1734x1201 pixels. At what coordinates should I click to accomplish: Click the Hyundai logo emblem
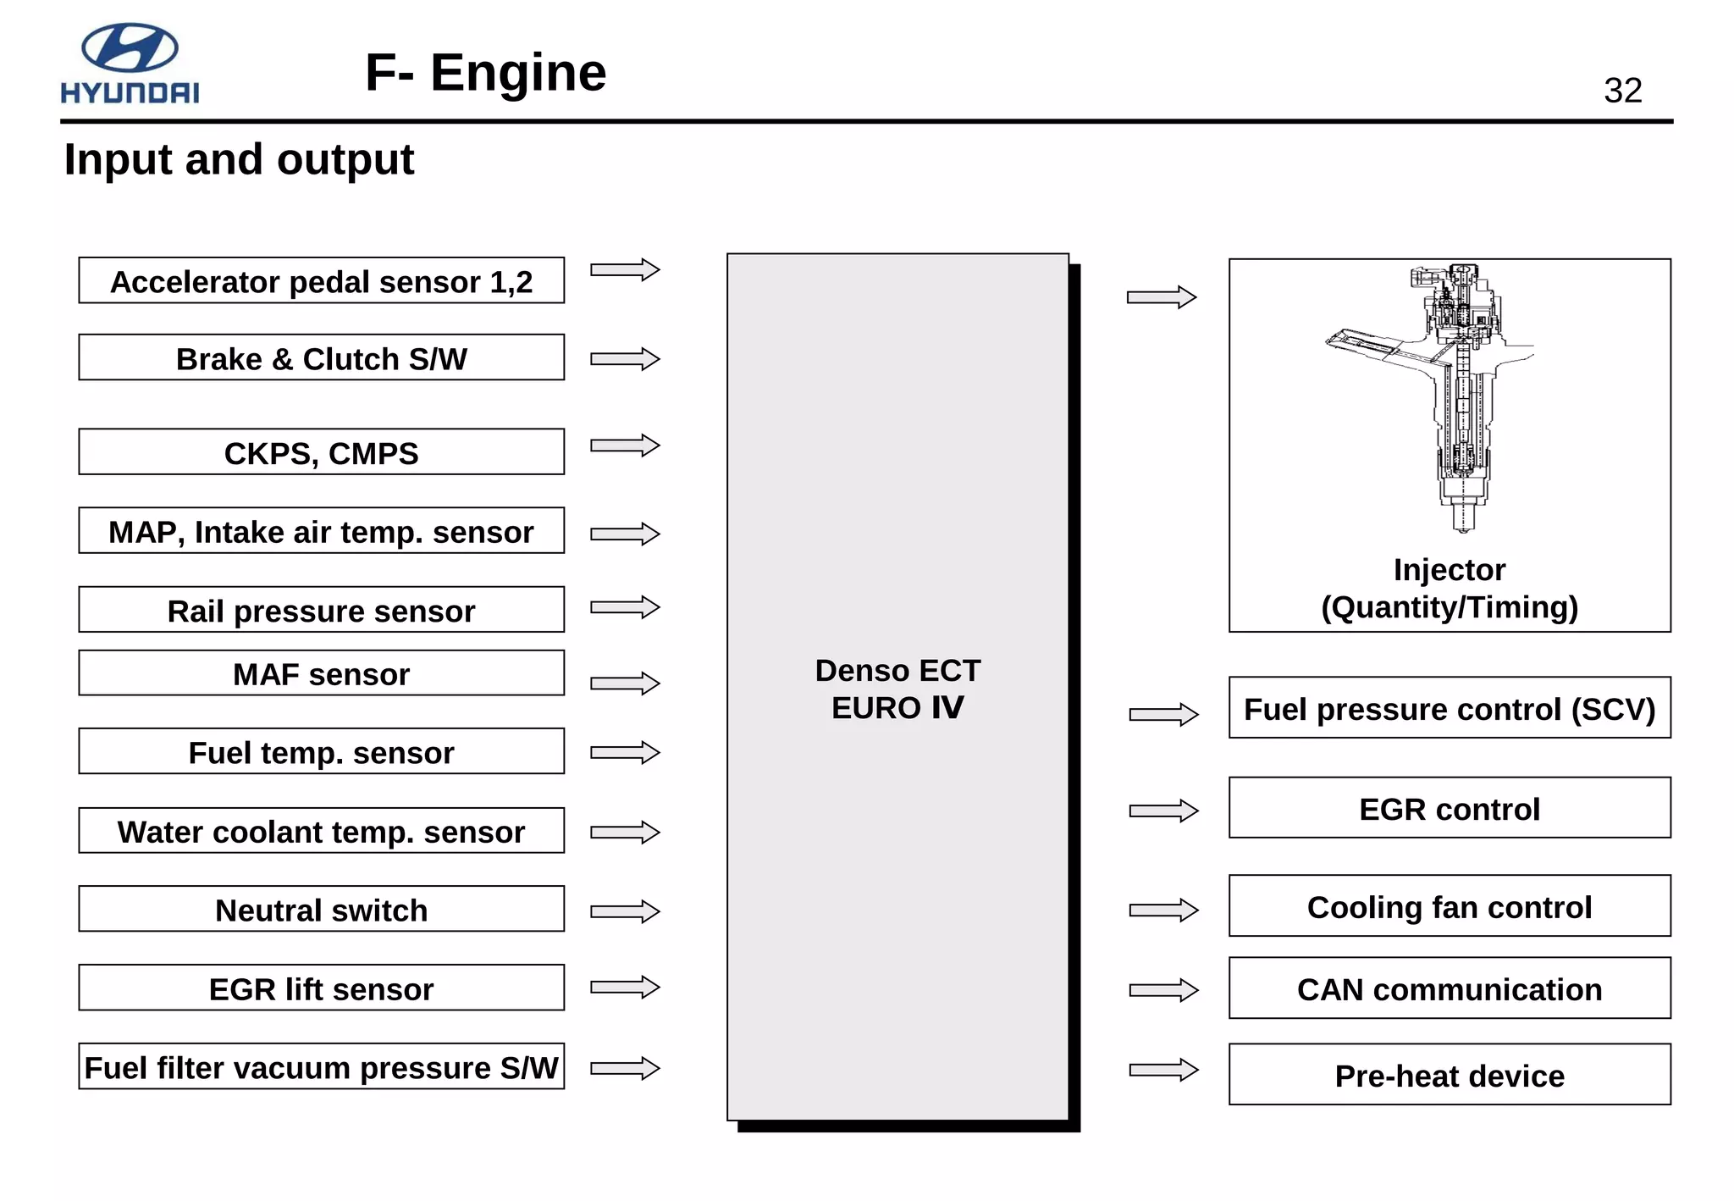pyautogui.click(x=130, y=47)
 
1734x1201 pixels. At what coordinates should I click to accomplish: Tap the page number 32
pyautogui.click(x=1622, y=91)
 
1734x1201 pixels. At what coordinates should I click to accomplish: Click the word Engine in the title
pyautogui.click(x=518, y=73)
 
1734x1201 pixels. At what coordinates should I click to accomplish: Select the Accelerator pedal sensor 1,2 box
pyautogui.click(x=321, y=281)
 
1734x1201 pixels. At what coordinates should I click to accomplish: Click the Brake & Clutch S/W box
pyautogui.click(x=321, y=358)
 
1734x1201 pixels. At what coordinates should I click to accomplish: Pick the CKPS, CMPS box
pyautogui.click(x=321, y=452)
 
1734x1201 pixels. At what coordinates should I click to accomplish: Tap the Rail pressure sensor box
pyautogui.click(x=321, y=610)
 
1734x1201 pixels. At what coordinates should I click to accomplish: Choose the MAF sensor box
pyautogui.click(x=321, y=673)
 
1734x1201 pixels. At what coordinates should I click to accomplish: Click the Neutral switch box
pyautogui.click(x=321, y=910)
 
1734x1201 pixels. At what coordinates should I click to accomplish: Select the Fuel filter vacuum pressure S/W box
pyautogui.click(x=321, y=1067)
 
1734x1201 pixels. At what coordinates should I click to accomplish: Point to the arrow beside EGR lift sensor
pyautogui.click(x=625, y=987)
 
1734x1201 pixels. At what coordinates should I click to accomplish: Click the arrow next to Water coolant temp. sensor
pyautogui.click(x=625, y=832)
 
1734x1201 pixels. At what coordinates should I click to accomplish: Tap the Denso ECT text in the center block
pyautogui.click(x=897, y=670)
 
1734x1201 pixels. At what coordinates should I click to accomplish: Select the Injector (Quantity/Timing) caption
pyautogui.click(x=1450, y=589)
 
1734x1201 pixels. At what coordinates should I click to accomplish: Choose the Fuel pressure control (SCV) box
pyautogui.click(x=1450, y=708)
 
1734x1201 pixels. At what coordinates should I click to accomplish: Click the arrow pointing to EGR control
pyautogui.click(x=1163, y=811)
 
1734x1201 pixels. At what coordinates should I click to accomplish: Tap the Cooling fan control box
pyautogui.click(x=1450, y=906)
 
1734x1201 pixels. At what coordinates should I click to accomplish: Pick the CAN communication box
pyautogui.click(x=1450, y=988)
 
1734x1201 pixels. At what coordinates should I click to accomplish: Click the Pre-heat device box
pyautogui.click(x=1450, y=1075)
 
